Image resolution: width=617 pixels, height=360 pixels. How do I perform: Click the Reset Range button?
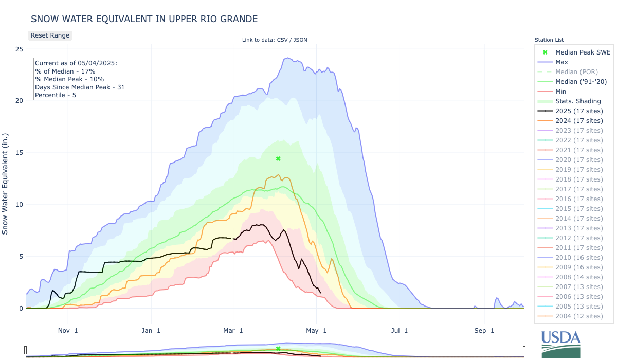click(x=50, y=35)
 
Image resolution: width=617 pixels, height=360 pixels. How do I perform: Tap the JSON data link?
click(x=300, y=40)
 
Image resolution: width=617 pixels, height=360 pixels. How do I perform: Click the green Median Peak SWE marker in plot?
click(x=278, y=158)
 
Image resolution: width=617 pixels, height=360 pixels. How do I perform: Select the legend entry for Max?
click(x=561, y=62)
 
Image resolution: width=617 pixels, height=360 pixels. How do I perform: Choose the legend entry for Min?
click(x=561, y=91)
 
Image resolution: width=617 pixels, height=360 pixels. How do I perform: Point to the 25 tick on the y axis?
click(x=19, y=49)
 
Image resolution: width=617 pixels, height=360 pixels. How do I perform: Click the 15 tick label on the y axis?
click(x=19, y=153)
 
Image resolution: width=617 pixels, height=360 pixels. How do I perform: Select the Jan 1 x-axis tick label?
click(x=151, y=330)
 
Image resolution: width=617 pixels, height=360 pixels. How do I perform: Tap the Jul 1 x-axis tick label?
click(x=399, y=330)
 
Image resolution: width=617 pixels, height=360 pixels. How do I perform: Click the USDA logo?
click(x=560, y=344)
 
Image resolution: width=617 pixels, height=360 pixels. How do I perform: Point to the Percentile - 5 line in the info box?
click(x=56, y=95)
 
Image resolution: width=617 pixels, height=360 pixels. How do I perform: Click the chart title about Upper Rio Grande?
click(x=144, y=19)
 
